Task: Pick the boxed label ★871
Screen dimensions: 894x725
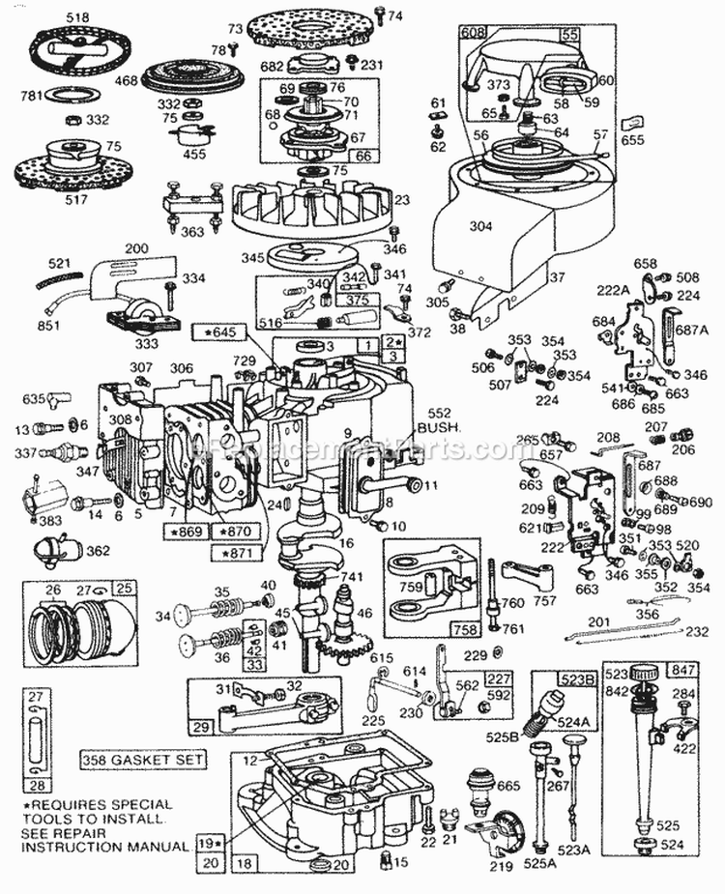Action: click(x=239, y=552)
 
